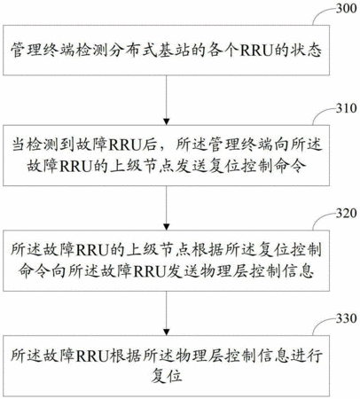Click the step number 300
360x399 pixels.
click(x=346, y=8)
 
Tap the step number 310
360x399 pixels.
click(x=346, y=108)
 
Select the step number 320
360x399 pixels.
click(x=346, y=213)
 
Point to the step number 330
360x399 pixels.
click(x=346, y=318)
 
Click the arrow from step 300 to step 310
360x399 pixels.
click(x=167, y=100)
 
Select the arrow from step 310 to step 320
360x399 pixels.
click(x=167, y=207)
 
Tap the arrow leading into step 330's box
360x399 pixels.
click(x=167, y=313)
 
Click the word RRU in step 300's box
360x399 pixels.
click(x=256, y=51)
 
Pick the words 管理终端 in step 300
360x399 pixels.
click(x=41, y=51)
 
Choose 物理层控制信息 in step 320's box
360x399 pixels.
click(x=259, y=270)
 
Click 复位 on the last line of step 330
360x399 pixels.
click(x=167, y=376)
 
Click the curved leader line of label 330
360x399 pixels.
click(x=321, y=323)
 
